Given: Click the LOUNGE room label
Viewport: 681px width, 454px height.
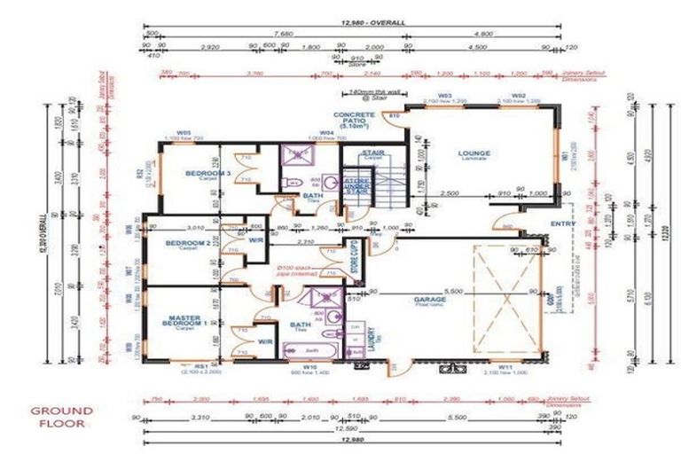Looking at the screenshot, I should tap(474, 153).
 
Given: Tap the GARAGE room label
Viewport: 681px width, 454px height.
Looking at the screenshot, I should tap(429, 301).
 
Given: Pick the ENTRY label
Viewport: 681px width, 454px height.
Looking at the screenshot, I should tap(562, 223).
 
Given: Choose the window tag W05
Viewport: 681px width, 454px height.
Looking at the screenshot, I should tap(184, 134).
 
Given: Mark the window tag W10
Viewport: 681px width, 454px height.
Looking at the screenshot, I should tap(309, 366).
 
